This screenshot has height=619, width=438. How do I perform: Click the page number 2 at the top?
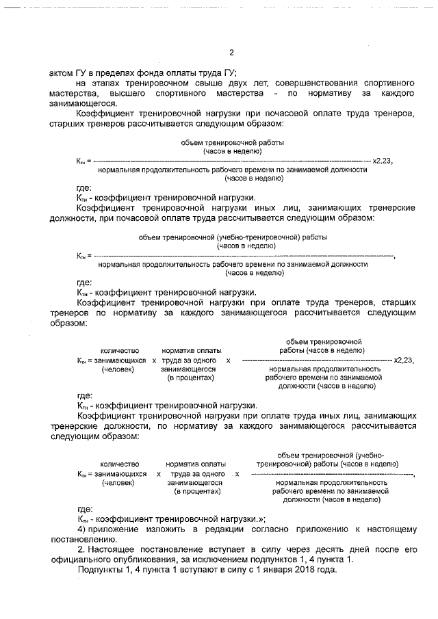pyautogui.click(x=231, y=53)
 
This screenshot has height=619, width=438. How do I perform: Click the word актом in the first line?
pyautogui.click(x=61, y=73)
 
